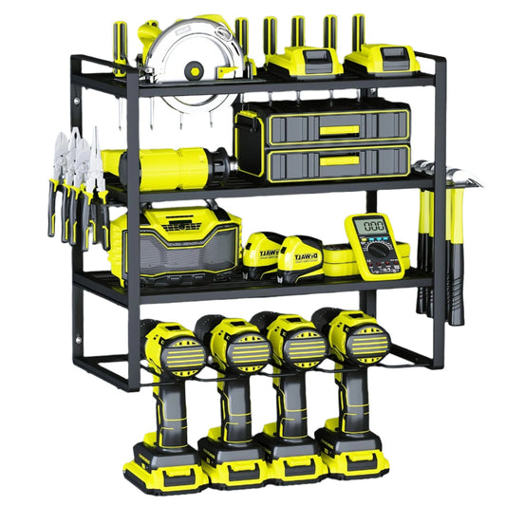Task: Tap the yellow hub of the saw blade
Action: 196,68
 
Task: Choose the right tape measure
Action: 303,258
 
